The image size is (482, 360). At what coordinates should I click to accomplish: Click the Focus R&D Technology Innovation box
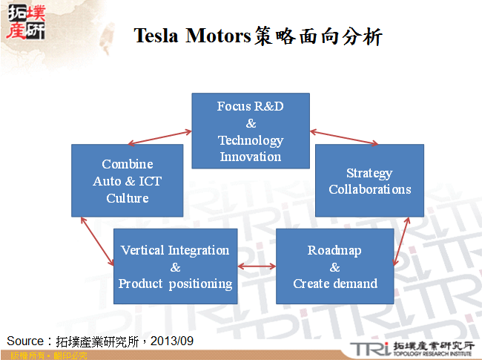pyautogui.click(x=251, y=131)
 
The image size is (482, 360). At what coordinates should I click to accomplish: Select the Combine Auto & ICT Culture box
pyautogui.click(x=127, y=180)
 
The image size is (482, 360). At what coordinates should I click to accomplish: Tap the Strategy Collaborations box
pyautogui.click(x=369, y=180)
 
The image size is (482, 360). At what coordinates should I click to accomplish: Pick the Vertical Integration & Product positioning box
pyautogui.click(x=175, y=266)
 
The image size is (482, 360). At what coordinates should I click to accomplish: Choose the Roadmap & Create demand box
pyautogui.click(x=334, y=266)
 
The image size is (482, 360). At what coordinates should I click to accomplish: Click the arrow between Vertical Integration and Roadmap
pyautogui.click(x=257, y=266)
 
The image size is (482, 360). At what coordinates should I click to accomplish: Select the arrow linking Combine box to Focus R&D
pyautogui.click(x=159, y=137)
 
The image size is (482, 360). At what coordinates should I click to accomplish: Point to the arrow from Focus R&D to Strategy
pyautogui.click(x=344, y=138)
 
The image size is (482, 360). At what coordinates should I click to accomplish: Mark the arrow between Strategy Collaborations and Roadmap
pyautogui.click(x=400, y=241)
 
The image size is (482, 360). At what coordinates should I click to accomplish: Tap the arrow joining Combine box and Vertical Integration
pyautogui.click(x=98, y=240)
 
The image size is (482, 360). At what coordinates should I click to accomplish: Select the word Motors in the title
pyautogui.click(x=215, y=36)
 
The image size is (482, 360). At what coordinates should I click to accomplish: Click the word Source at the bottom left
pyautogui.click(x=24, y=341)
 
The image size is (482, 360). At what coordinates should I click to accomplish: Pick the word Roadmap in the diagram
pyautogui.click(x=334, y=250)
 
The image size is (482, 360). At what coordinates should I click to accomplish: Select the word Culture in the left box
pyautogui.click(x=127, y=198)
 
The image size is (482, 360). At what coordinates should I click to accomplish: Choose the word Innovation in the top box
pyautogui.click(x=251, y=157)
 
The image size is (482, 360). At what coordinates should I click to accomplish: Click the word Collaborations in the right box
pyautogui.click(x=369, y=189)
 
